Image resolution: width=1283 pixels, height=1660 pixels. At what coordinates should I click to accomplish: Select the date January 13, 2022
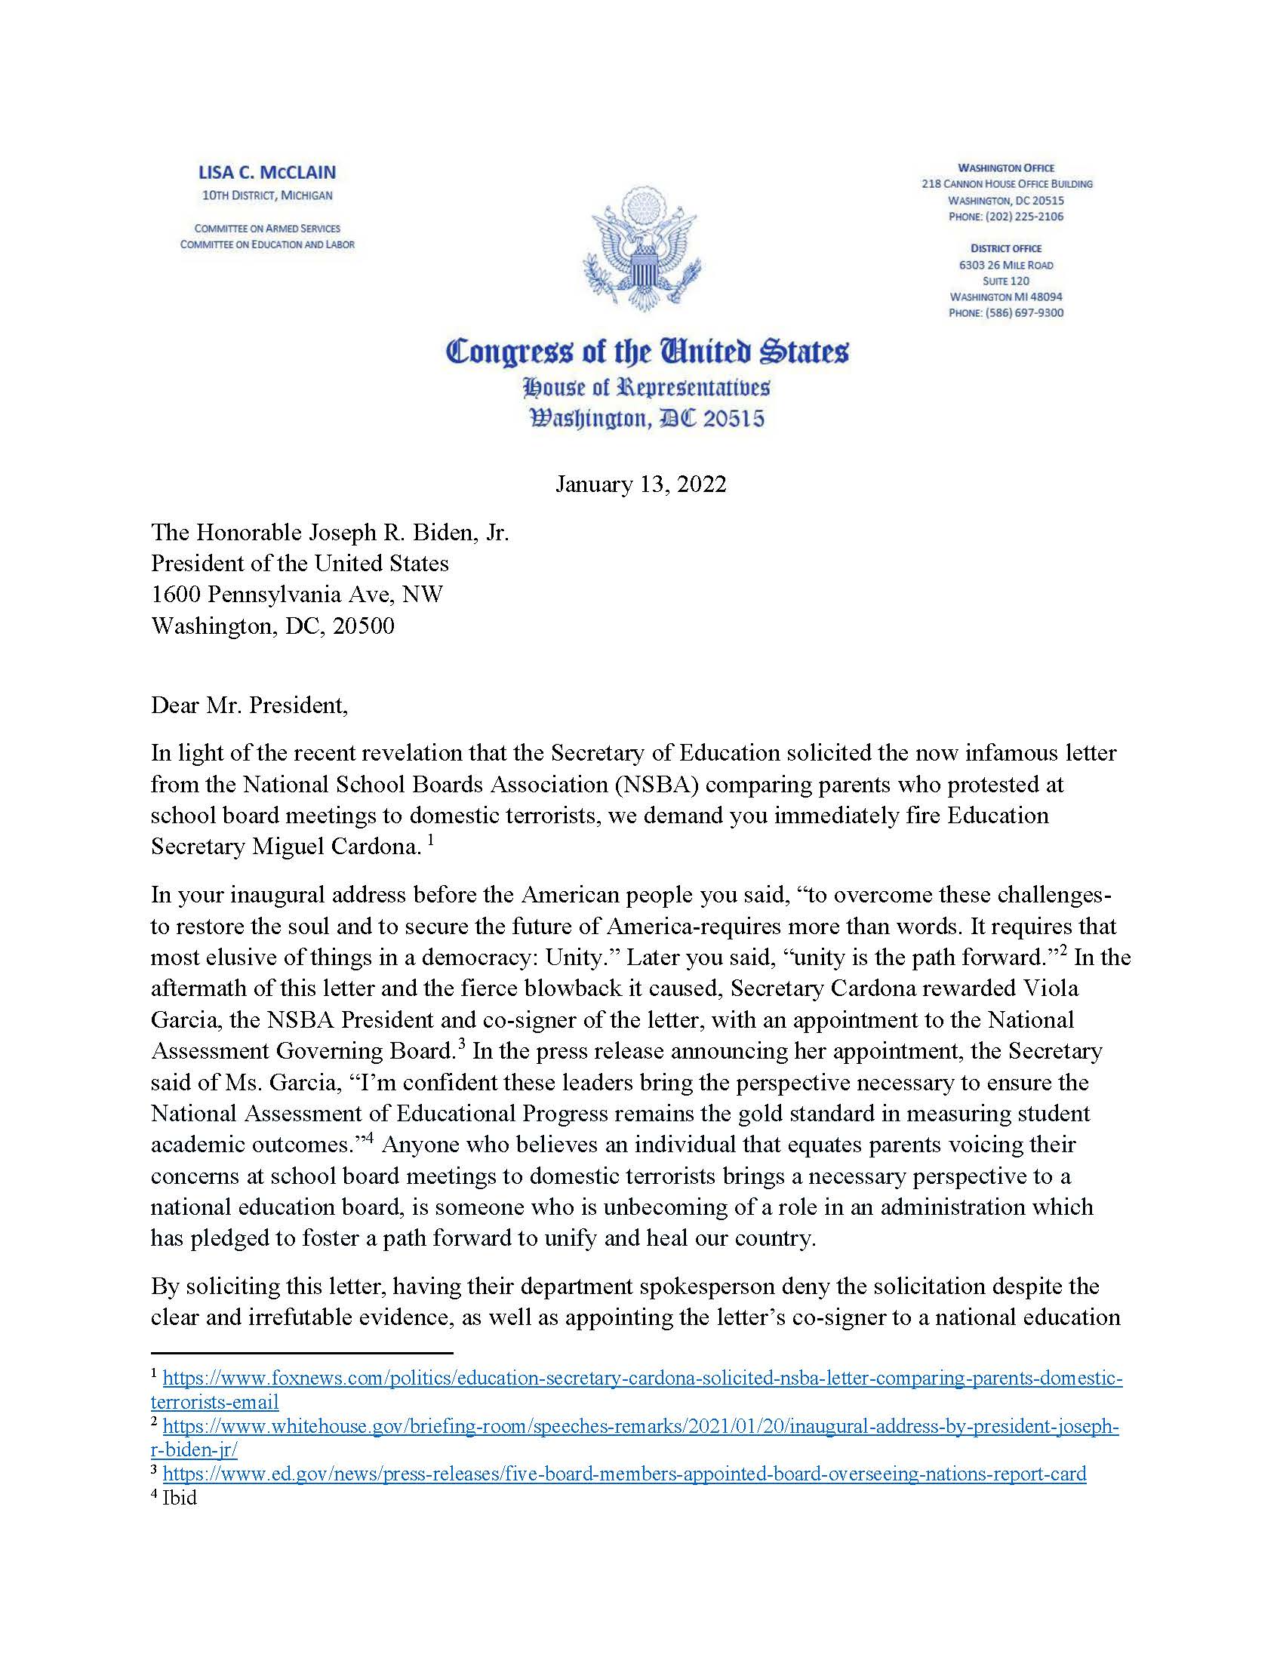(641, 484)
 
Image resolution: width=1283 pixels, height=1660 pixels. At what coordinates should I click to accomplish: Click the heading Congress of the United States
(647, 352)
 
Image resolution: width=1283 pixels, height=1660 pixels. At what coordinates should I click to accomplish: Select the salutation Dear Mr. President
(249, 705)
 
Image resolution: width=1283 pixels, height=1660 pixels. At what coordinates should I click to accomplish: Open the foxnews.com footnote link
(642, 1378)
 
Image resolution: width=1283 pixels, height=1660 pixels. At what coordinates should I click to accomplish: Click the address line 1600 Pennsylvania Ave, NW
(297, 595)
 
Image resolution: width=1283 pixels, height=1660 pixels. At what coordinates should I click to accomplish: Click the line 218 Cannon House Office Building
(1007, 184)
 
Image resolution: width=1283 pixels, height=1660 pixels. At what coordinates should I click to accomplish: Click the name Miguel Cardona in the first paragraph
(335, 847)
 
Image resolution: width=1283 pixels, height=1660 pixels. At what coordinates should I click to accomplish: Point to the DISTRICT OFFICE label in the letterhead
(1005, 248)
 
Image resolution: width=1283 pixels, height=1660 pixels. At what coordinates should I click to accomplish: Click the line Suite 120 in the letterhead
(1005, 281)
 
